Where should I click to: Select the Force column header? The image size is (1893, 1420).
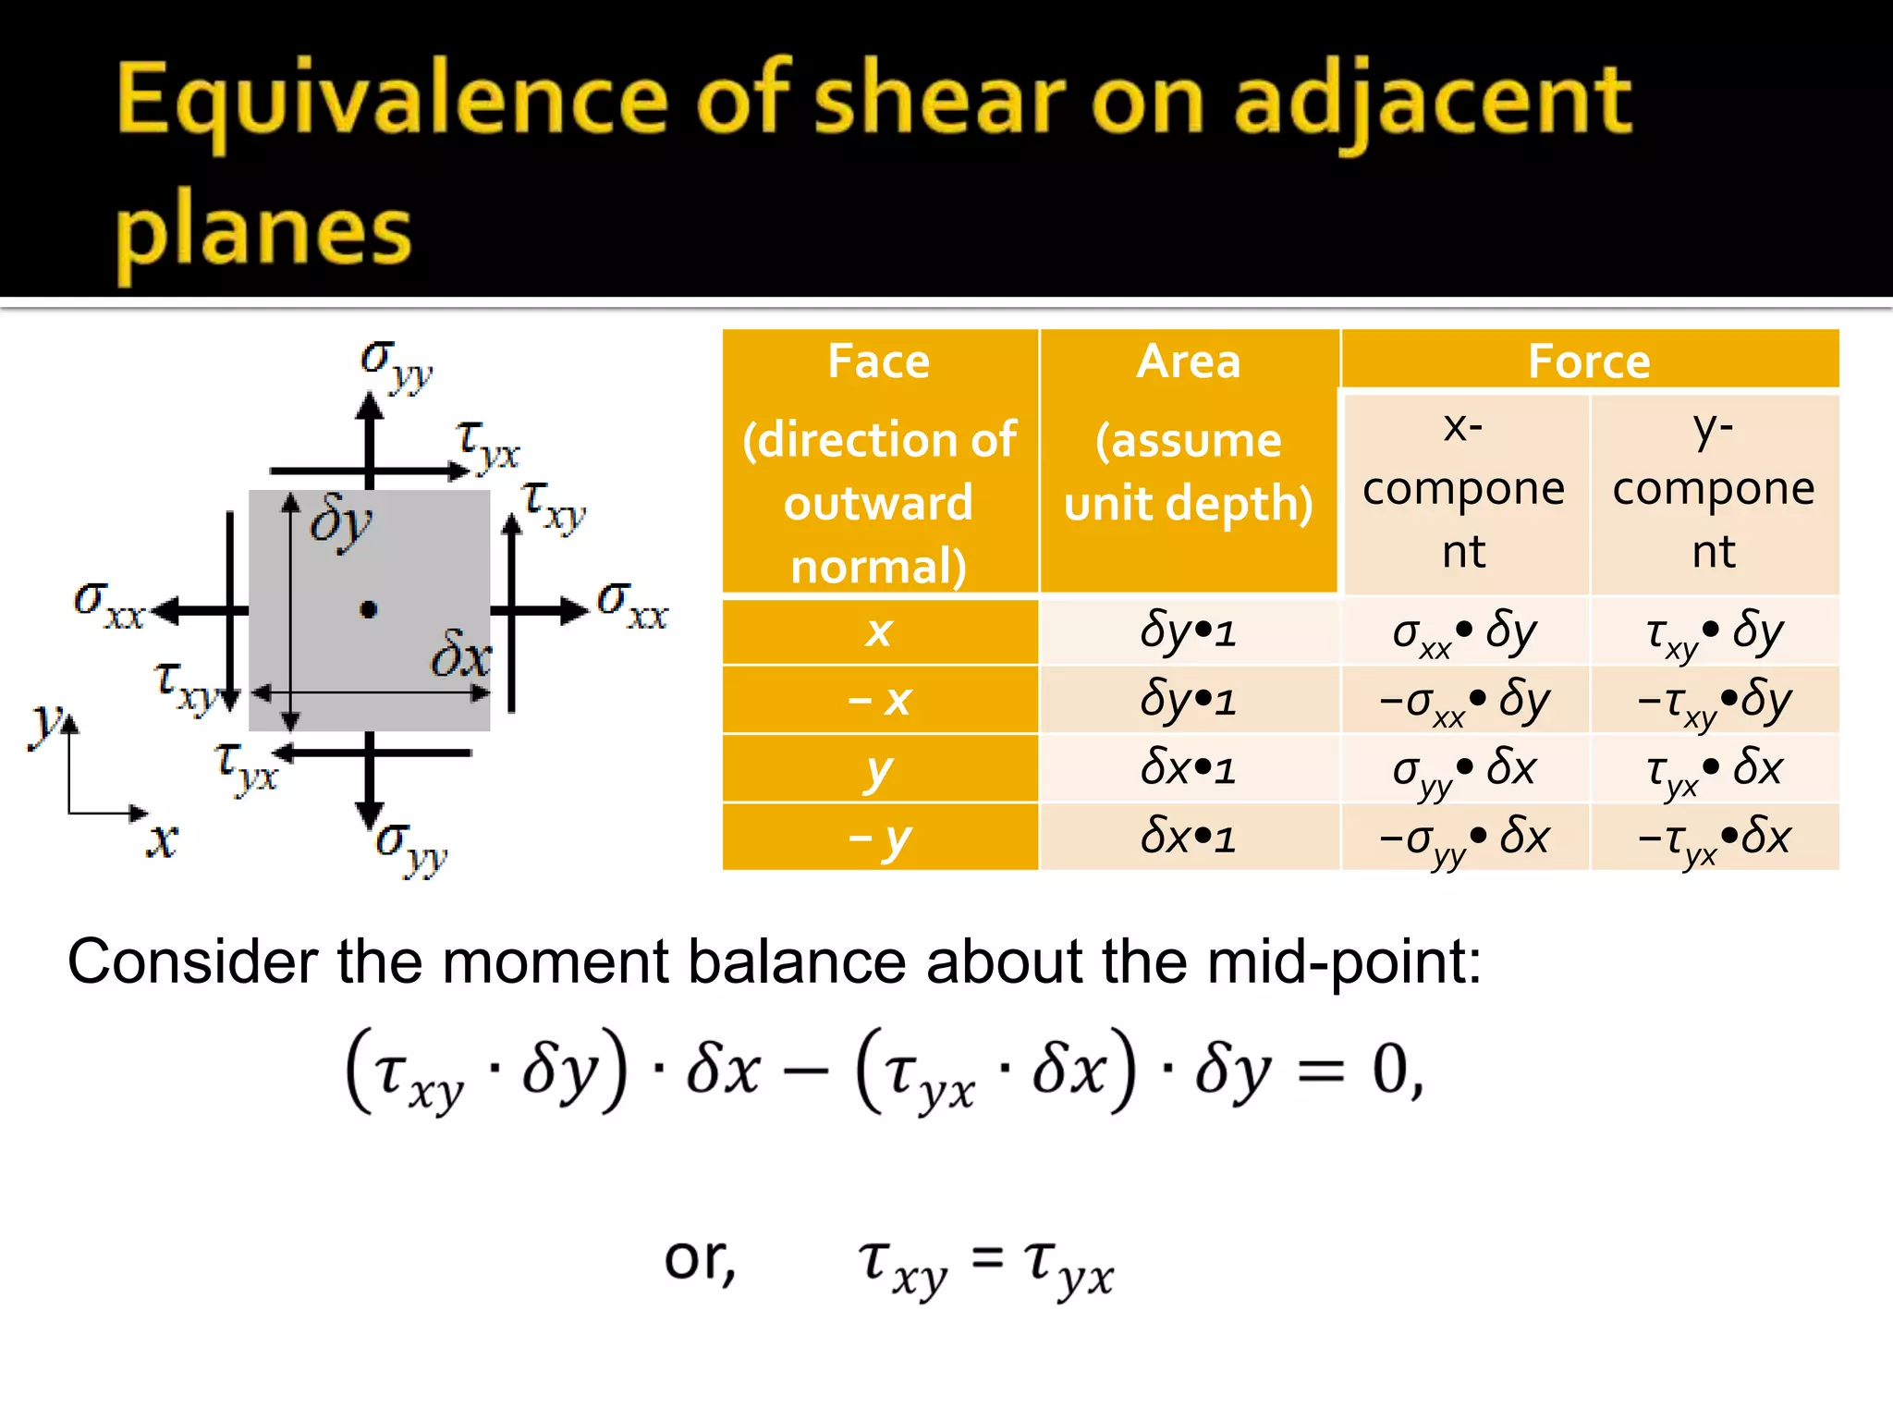(x=1589, y=361)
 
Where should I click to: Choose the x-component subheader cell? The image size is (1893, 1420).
(x=1464, y=490)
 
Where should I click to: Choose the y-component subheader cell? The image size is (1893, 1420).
(x=1714, y=490)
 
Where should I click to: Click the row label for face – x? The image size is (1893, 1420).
(x=879, y=700)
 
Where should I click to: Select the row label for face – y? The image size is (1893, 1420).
(x=879, y=838)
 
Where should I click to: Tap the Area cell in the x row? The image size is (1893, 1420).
(x=1189, y=631)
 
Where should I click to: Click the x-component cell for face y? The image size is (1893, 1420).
(x=1464, y=769)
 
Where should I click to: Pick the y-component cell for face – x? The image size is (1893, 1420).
(x=1714, y=700)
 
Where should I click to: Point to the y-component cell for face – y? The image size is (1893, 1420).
(x=1714, y=838)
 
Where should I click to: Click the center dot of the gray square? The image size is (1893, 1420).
(x=369, y=610)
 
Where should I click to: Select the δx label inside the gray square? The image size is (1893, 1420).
(x=460, y=656)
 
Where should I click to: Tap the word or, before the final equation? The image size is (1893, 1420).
(x=700, y=1259)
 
